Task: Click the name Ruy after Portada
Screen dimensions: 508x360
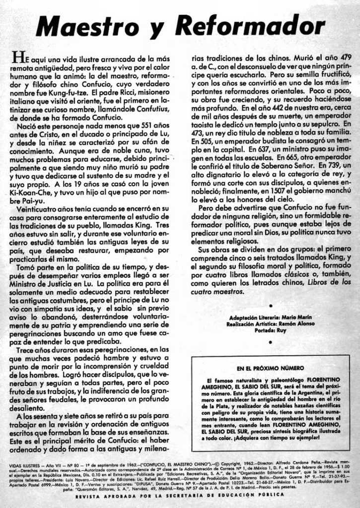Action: pyautogui.click(x=281, y=330)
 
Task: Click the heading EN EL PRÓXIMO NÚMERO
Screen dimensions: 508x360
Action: pyautogui.click(x=270, y=369)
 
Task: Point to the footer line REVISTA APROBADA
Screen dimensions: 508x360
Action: pyautogui.click(x=180, y=495)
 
